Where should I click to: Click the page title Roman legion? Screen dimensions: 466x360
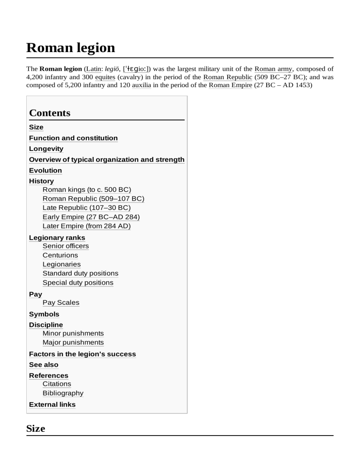[70, 47]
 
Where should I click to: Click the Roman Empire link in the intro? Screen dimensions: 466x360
[230, 85]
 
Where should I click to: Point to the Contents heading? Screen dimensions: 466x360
[50, 113]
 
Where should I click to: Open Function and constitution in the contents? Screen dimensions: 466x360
[73, 138]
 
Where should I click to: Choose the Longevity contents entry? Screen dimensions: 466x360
[46, 149]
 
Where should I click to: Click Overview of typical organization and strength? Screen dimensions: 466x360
[106, 160]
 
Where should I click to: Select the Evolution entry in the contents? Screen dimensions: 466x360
[45, 171]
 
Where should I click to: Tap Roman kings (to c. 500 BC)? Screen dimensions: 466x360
[87, 190]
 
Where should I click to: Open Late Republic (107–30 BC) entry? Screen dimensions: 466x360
[87, 208]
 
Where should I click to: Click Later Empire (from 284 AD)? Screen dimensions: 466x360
[87, 226]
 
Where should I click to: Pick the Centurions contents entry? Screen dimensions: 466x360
[60, 256]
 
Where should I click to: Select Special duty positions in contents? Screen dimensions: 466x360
[78, 283]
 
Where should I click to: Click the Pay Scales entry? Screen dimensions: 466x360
[61, 303]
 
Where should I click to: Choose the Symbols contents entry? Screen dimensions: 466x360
[44, 315]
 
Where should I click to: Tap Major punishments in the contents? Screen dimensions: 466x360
[73, 343]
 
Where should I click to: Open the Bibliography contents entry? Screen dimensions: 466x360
[63, 393]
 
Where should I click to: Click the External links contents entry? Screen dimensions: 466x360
[52, 405]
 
